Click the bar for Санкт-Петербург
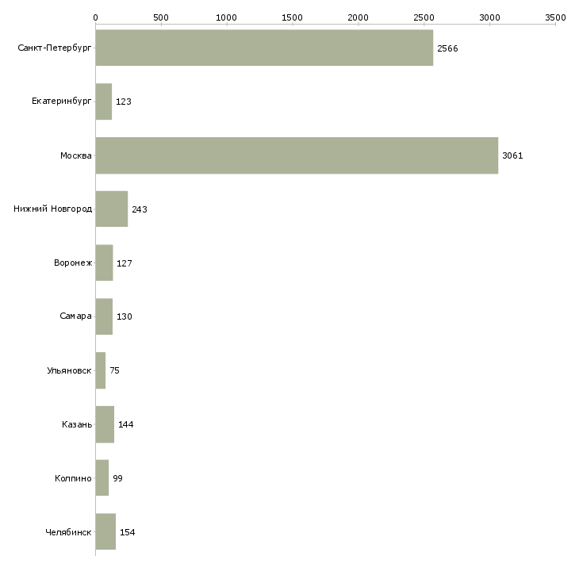264,48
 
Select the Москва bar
297,155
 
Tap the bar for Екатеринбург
104,102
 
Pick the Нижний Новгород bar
112,209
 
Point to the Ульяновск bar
101,370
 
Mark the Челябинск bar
105,531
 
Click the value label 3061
512,155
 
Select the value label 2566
447,48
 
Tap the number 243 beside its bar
140,209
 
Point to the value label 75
114,370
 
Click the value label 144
126,424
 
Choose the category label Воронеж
73,263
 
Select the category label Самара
75,316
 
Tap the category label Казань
77,424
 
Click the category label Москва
76,155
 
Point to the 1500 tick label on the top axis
292,17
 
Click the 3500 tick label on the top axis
555,17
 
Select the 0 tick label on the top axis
96,17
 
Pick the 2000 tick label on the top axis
358,17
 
